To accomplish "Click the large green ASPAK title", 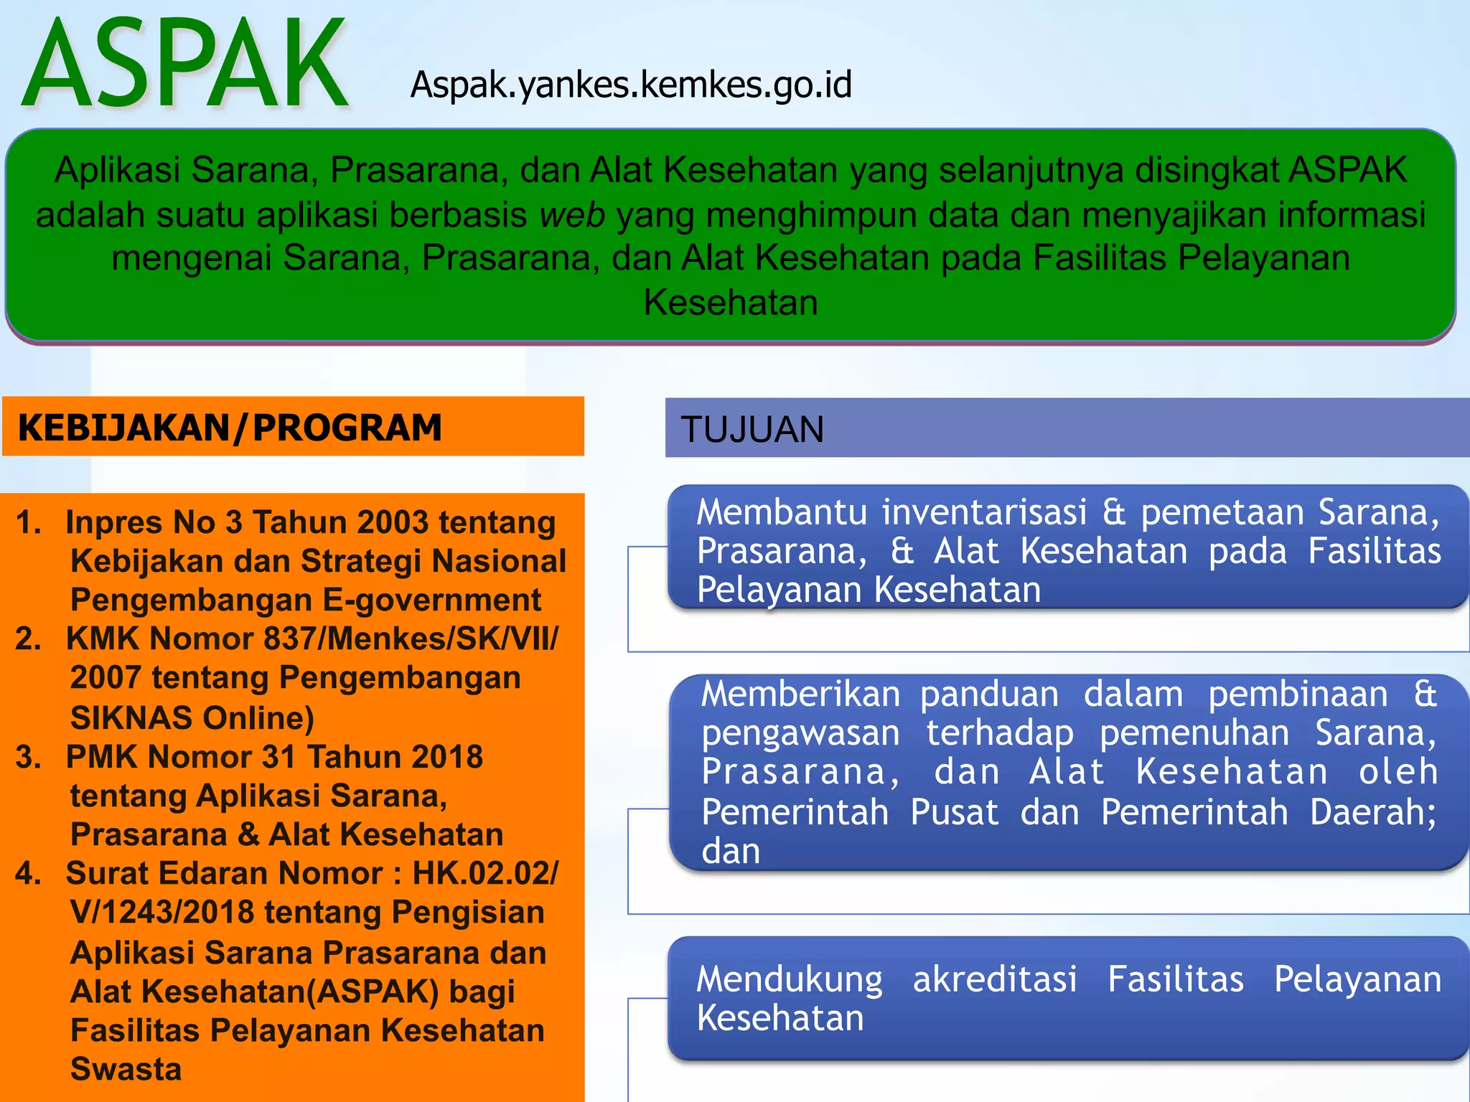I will (185, 65).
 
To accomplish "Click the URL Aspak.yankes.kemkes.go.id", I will (631, 85).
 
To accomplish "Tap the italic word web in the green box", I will (572, 215).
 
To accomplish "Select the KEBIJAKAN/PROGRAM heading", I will (230, 428).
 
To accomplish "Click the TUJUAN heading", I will (752, 430).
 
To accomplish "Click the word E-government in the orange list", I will (431, 600).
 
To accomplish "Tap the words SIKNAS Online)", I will (192, 717).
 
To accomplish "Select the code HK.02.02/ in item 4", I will (485, 873).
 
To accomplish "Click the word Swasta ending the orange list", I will (126, 1069).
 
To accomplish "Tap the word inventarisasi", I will (984, 512).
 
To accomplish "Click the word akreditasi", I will (995, 979).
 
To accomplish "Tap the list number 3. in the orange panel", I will (29, 757).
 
